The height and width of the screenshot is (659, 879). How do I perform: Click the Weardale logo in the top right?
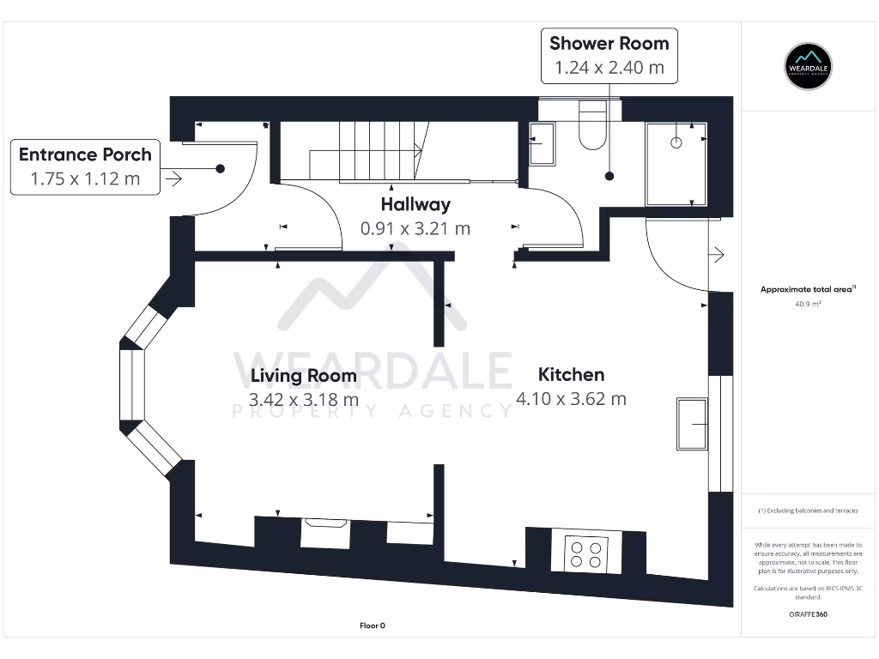coord(809,66)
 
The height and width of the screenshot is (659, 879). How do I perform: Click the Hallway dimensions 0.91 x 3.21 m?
coord(415,228)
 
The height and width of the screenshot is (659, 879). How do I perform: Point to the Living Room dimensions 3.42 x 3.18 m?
coord(303,400)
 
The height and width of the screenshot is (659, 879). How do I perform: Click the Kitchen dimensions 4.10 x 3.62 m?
coord(571,398)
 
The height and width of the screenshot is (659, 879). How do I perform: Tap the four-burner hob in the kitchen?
coord(586,553)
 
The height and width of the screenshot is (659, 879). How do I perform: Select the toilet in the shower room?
coord(592,127)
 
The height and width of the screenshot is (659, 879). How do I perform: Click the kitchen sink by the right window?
coord(692,423)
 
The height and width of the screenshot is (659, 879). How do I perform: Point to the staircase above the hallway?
coord(369,149)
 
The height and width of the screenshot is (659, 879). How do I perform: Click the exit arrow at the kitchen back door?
coord(718,255)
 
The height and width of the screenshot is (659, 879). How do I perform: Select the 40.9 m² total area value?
coord(808,304)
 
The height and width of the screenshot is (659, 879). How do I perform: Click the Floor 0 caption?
coord(372,626)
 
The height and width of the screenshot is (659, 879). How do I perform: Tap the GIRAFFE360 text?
coord(808,614)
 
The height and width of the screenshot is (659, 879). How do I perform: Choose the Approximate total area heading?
coord(808,289)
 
